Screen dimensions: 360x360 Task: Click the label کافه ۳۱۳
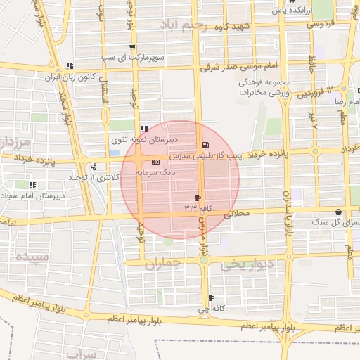[198, 209]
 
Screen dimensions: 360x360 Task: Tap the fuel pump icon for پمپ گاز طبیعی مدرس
[204, 146]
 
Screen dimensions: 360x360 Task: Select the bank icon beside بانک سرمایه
[155, 162]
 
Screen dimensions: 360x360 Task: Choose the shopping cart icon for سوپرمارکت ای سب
[131, 47]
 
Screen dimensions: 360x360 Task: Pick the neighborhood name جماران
[163, 264]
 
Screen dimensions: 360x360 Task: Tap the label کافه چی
[209, 308]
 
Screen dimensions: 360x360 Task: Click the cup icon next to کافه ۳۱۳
[198, 198]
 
